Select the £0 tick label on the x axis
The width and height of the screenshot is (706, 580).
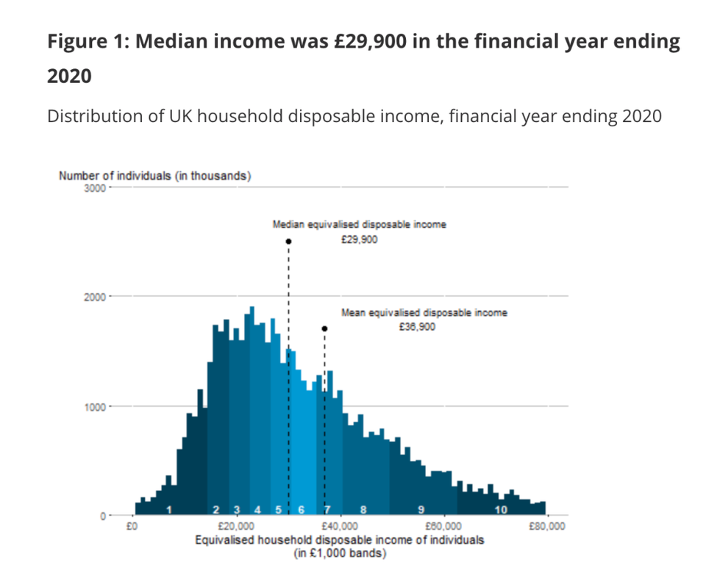pyautogui.click(x=132, y=526)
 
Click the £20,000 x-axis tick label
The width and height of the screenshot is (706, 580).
pyautogui.click(x=236, y=526)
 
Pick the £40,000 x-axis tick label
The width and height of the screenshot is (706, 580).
pyautogui.click(x=339, y=526)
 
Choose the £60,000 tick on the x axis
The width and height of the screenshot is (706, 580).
pyautogui.click(x=443, y=526)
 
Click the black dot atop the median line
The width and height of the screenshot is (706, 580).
pyautogui.click(x=289, y=241)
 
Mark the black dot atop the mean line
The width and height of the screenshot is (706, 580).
pyautogui.click(x=324, y=329)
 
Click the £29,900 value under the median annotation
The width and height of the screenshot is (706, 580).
pyautogui.click(x=360, y=239)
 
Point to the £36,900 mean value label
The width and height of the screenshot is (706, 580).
pyautogui.click(x=417, y=327)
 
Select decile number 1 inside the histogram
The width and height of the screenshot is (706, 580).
pyautogui.click(x=169, y=509)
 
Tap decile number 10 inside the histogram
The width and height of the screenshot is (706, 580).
pyautogui.click(x=502, y=509)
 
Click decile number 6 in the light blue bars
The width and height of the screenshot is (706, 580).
pyautogui.click(x=302, y=509)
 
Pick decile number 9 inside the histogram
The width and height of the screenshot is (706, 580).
pyautogui.click(x=421, y=509)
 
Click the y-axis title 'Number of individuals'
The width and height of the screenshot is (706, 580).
pyautogui.click(x=154, y=176)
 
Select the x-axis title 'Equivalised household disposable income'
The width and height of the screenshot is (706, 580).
pyautogui.click(x=339, y=540)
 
